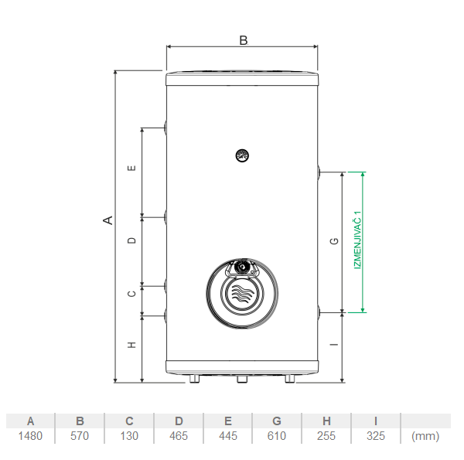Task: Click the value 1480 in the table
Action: pyautogui.click(x=30, y=436)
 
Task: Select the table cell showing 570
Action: pyautogui.click(x=80, y=436)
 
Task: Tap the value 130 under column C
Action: pyautogui.click(x=129, y=436)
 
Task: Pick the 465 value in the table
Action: pyautogui.click(x=179, y=436)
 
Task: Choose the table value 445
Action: pyautogui.click(x=228, y=436)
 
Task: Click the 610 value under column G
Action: pyautogui.click(x=277, y=436)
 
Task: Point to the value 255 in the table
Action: pyautogui.click(x=326, y=436)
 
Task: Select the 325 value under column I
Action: pyautogui.click(x=376, y=436)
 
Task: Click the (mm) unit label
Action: pyautogui.click(x=425, y=436)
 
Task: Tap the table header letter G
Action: pyautogui.click(x=277, y=421)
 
